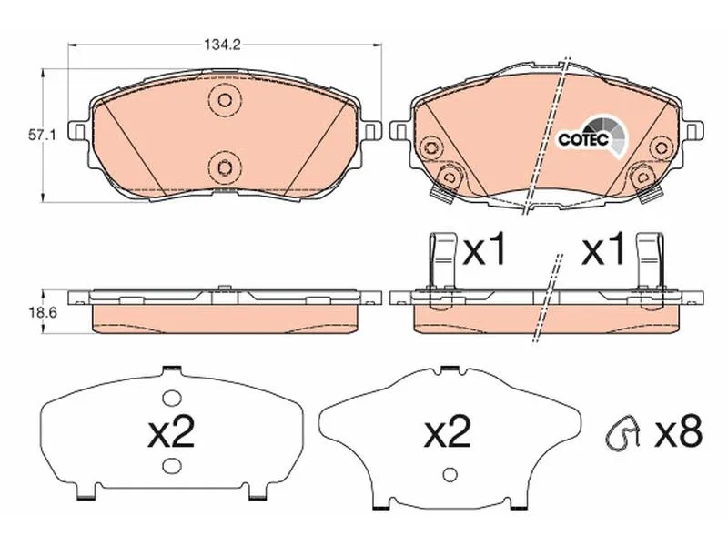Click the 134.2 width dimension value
[222, 45]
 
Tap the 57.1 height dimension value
[42, 136]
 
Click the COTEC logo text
[583, 139]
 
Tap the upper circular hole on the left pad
[225, 100]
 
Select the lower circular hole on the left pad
[225, 167]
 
